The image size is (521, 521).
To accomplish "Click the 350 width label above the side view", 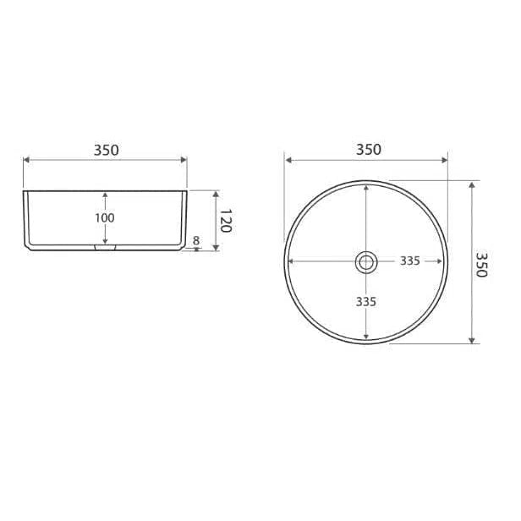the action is [106, 151].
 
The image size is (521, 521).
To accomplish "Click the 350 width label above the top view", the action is [369, 150].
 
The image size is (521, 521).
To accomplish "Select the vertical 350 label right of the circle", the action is [481, 265].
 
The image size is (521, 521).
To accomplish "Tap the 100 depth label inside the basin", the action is [105, 218].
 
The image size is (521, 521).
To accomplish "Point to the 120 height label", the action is [226, 221].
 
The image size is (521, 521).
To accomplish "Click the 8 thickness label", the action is [196, 240].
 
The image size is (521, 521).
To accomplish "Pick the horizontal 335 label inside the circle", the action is [409, 260].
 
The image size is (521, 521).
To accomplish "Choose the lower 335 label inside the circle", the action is [366, 302].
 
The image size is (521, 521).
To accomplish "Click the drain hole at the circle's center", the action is [366, 262].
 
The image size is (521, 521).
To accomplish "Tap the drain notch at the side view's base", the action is [105, 247].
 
